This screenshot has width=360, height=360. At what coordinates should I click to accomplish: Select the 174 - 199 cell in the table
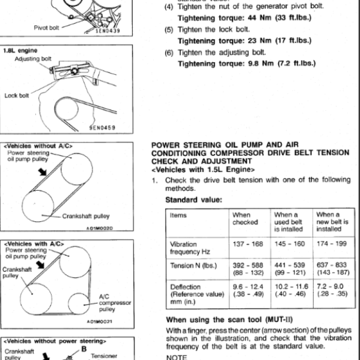coord(332,244)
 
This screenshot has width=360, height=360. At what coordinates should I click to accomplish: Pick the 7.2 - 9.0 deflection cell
coord(332,290)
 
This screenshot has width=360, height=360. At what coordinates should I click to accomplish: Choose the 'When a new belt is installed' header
coord(332,222)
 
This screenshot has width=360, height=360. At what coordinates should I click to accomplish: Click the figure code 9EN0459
coord(102,128)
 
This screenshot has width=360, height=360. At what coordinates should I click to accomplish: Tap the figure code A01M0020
coord(99,228)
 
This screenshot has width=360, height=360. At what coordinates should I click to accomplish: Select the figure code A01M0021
coord(99,323)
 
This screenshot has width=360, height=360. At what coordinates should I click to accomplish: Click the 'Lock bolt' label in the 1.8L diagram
coord(17,95)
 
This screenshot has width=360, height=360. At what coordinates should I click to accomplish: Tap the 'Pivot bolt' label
coord(46,28)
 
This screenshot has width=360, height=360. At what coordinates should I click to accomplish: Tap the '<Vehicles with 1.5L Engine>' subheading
coord(203,170)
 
